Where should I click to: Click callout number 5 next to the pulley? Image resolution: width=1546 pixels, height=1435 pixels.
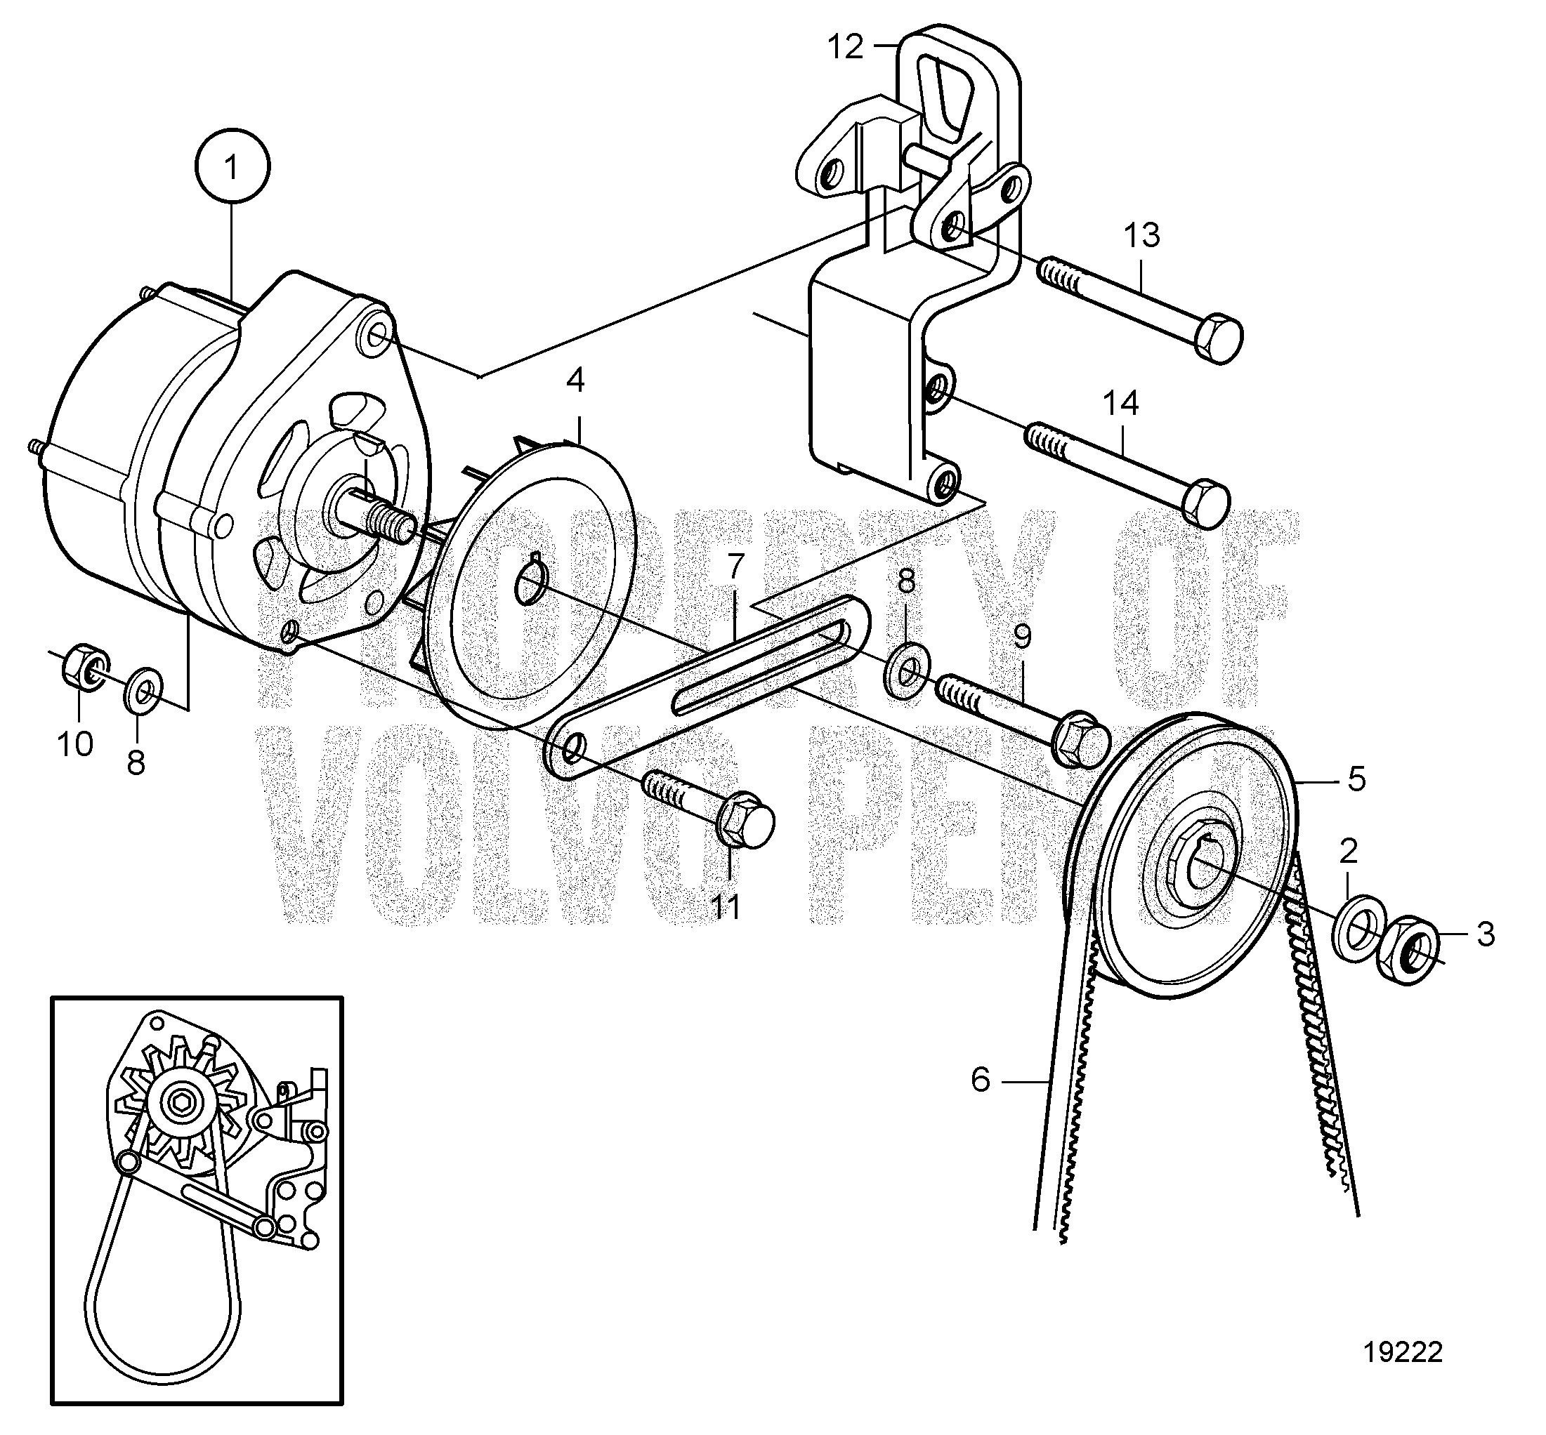1356,779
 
